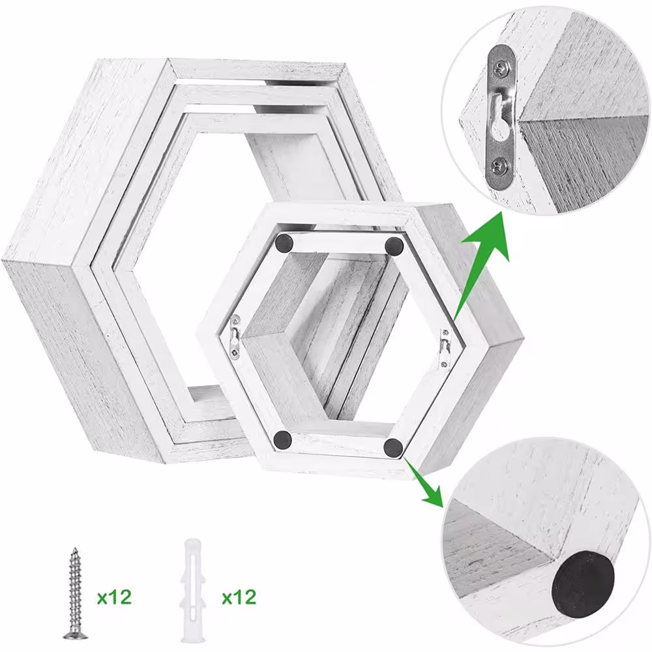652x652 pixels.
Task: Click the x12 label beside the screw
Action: (x=114, y=597)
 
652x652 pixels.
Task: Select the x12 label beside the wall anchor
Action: (x=239, y=597)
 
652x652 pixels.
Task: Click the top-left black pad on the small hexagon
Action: (x=284, y=243)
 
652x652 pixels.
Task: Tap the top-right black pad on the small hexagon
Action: (x=394, y=245)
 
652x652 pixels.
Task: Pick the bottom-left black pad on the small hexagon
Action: (x=283, y=439)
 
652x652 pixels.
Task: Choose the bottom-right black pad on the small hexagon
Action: (x=393, y=447)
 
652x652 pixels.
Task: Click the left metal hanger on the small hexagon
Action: (x=236, y=336)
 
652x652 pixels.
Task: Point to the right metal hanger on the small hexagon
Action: (x=445, y=348)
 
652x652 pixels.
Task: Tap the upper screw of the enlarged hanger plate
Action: (x=500, y=68)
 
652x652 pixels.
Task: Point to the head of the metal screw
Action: (x=74, y=634)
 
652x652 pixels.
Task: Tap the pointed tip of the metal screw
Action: (x=75, y=548)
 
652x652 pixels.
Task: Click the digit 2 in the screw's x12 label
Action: (x=125, y=597)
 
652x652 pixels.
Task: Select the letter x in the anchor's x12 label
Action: (x=227, y=599)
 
